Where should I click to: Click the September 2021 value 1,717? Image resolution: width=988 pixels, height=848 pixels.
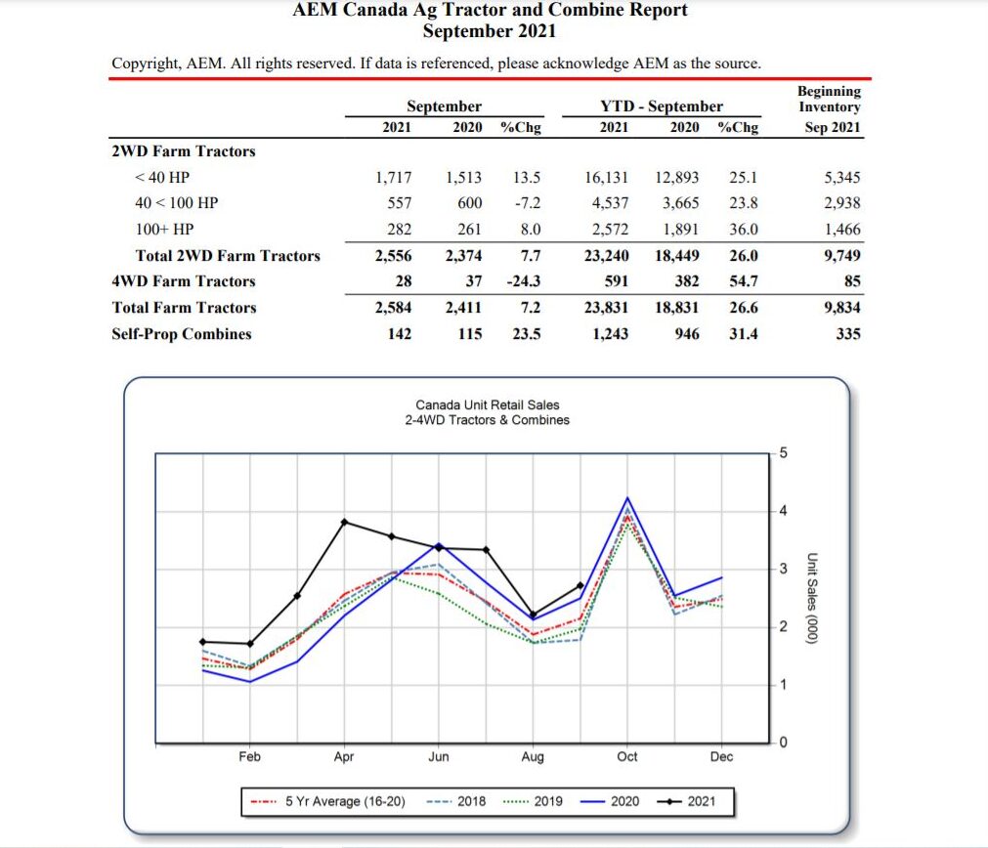[393, 178]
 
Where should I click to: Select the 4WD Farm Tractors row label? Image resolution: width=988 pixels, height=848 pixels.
[183, 281]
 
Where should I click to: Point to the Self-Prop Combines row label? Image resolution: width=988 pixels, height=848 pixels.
[181, 334]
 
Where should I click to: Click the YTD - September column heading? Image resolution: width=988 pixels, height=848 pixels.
[661, 106]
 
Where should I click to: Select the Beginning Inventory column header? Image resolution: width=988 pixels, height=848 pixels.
[829, 107]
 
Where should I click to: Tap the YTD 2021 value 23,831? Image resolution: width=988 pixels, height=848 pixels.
[606, 308]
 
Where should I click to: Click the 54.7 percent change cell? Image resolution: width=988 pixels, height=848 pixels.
[743, 281]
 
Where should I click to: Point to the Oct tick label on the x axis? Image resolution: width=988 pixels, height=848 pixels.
[627, 757]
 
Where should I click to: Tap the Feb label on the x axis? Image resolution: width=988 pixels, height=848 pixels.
[249, 757]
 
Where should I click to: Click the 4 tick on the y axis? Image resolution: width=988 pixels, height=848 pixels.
[782, 511]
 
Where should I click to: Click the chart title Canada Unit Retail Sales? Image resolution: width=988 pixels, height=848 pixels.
[487, 404]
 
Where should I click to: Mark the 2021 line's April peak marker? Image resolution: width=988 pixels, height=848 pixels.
[344, 522]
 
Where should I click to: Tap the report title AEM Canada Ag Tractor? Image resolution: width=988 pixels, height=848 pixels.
[490, 11]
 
